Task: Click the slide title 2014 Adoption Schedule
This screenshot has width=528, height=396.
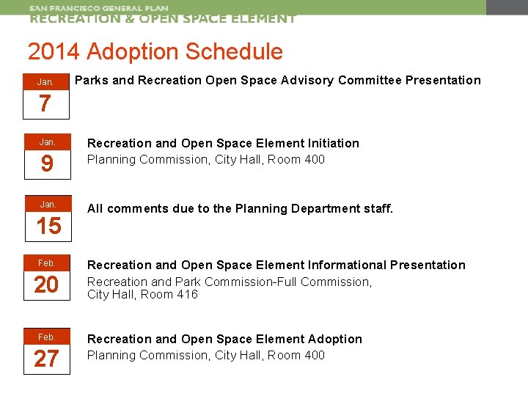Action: [155, 52]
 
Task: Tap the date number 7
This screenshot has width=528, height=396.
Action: [45, 104]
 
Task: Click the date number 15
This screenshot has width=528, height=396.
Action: [48, 226]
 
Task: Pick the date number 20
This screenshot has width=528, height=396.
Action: [46, 285]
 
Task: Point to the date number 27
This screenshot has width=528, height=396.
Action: [46, 359]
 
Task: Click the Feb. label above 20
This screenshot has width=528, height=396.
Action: [46, 263]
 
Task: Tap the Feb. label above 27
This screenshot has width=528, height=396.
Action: [46, 337]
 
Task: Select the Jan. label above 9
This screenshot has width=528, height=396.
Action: [46, 142]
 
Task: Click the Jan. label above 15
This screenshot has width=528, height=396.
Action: [46, 204]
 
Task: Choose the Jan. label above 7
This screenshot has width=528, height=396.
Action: [45, 82]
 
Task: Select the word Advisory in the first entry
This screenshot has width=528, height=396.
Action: [307, 80]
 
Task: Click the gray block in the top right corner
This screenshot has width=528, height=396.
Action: [507, 7]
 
